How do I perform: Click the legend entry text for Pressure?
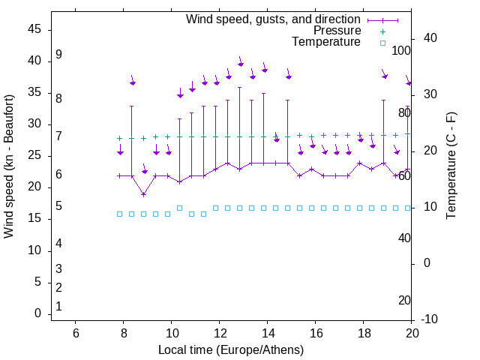(x=337, y=31)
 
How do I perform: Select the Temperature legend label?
(x=326, y=43)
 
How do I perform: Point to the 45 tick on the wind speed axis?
(x=34, y=29)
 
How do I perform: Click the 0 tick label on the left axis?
(x=37, y=313)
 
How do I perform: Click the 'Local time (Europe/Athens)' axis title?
(x=231, y=349)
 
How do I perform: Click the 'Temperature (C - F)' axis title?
(x=451, y=166)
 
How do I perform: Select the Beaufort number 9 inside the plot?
(x=58, y=55)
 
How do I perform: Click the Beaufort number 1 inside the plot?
(x=58, y=307)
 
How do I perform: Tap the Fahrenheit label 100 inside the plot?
(x=401, y=50)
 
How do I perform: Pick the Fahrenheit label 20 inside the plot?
(x=404, y=300)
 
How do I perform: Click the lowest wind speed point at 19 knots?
(x=143, y=194)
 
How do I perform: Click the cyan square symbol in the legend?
(x=382, y=43)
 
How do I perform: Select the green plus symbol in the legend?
(x=382, y=31)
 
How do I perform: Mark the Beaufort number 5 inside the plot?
(x=58, y=206)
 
